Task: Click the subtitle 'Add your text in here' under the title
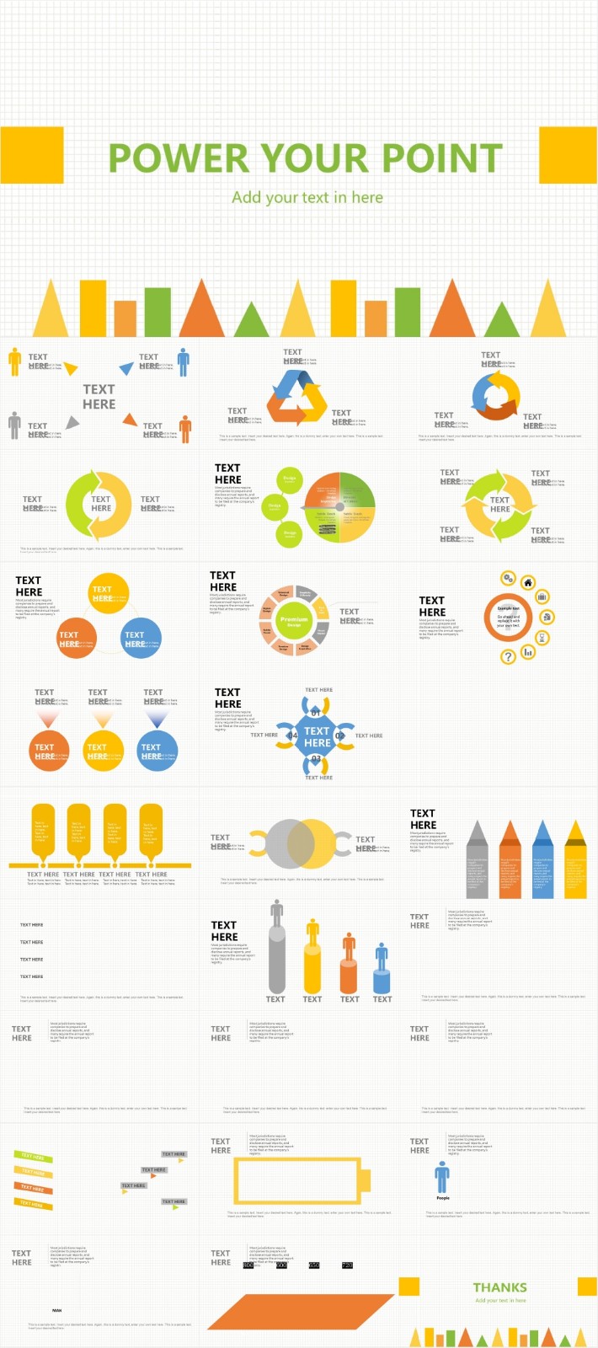click(307, 198)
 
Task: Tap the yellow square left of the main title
click(32, 155)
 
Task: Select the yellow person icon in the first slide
click(14, 361)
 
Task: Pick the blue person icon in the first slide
click(184, 361)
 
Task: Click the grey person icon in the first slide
click(14, 425)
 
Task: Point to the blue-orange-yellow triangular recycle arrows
click(297, 396)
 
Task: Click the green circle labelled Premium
click(294, 620)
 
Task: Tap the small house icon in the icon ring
click(528, 582)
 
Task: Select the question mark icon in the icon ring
click(508, 656)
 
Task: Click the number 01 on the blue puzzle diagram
click(316, 712)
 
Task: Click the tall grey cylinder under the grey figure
click(276, 960)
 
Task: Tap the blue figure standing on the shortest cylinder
click(382, 956)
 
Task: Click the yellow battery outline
click(302, 1180)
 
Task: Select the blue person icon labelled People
click(442, 1176)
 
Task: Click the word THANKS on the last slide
click(499, 1287)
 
